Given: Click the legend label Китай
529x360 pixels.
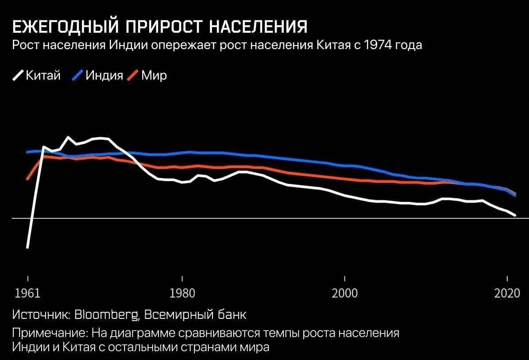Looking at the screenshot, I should coord(43,75).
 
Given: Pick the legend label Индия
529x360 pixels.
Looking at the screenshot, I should coord(104,75).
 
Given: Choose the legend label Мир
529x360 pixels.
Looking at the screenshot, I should coord(154,75).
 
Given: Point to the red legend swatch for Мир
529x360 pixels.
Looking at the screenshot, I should coord(133,76).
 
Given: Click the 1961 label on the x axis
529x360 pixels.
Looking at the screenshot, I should coord(27,294).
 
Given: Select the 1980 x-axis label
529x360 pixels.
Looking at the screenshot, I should coord(182,294).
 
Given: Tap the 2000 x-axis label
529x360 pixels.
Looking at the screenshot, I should coord(344,294).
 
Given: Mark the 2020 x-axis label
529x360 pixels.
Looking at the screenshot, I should coord(506,294).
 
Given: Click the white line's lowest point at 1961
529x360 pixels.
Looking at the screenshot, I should coord(27,247).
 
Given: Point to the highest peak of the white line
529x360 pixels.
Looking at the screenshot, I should coord(68,137).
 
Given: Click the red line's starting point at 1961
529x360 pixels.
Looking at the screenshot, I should coord(27,179).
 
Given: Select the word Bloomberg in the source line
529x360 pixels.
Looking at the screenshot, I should coord(106,315).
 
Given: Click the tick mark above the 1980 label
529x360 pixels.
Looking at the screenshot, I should coord(182,279).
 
